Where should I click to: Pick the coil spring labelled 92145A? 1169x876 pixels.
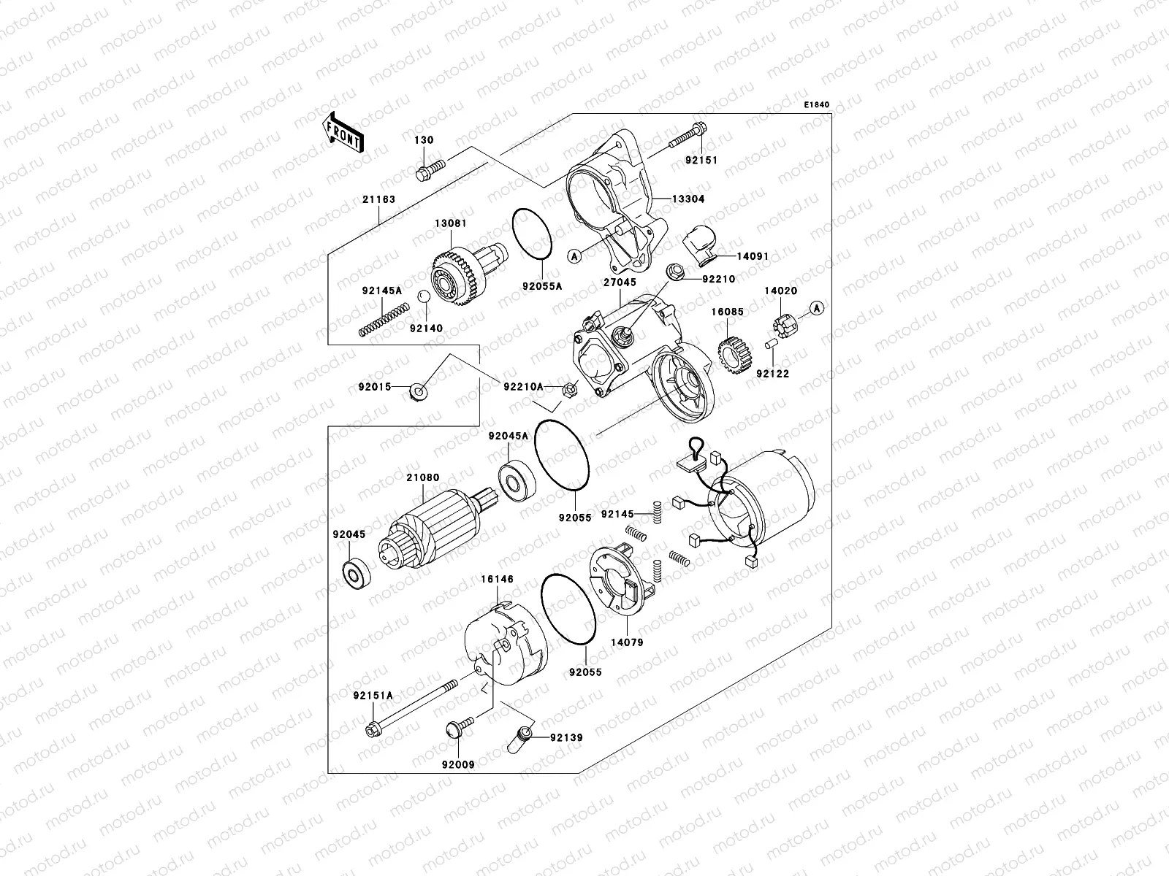(381, 320)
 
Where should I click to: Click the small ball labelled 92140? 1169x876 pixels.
(423, 296)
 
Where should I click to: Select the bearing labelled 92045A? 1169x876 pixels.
(517, 480)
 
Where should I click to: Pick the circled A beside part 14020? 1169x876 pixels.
(817, 307)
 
